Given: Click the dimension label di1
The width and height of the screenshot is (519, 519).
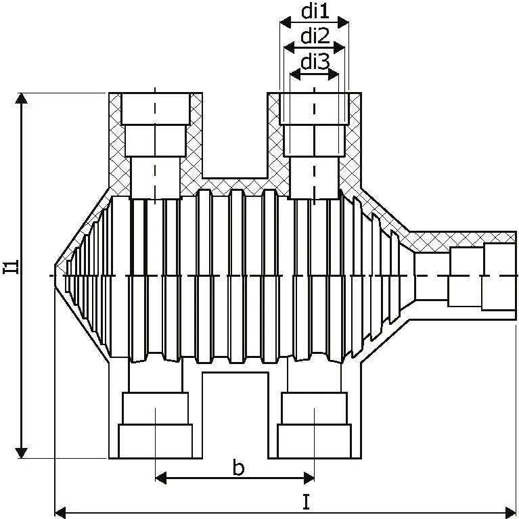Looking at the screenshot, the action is pos(315,12).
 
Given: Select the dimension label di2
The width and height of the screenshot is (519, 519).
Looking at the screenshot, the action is pos(315,36).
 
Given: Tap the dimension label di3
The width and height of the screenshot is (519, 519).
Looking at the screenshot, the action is pos(315,62).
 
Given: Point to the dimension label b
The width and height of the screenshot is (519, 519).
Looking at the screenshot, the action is pos(238,467).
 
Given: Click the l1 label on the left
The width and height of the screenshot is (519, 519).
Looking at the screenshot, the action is pos(11,267).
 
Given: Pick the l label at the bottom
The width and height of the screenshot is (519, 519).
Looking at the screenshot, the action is pos(306,501).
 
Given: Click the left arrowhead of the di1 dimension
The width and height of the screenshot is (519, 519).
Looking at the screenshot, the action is pos(286,23).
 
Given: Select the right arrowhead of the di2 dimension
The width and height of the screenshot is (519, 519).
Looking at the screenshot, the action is pos(339,47).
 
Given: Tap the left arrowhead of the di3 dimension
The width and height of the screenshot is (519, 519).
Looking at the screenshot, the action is pos(295,74).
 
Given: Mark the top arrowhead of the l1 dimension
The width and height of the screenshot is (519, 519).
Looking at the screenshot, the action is pos(22,98).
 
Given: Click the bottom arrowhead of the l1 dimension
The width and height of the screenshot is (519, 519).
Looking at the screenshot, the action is pos(22,453).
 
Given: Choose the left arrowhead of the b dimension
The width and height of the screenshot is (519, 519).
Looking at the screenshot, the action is pos(161,478).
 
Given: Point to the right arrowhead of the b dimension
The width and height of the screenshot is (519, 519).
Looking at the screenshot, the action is pos(309,478).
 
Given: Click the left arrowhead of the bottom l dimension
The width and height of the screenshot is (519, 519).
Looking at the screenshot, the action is pos(60,512).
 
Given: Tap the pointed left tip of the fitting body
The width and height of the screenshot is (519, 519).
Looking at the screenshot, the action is pos(55,275).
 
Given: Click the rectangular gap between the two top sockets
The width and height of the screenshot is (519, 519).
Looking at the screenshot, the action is pos(235,135).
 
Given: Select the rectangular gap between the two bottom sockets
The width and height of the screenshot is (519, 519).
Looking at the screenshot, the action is pos(235,415).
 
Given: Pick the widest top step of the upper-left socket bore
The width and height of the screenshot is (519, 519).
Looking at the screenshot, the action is pos(155,108).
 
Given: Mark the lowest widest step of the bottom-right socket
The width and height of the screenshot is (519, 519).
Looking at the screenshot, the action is pos(315,441).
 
